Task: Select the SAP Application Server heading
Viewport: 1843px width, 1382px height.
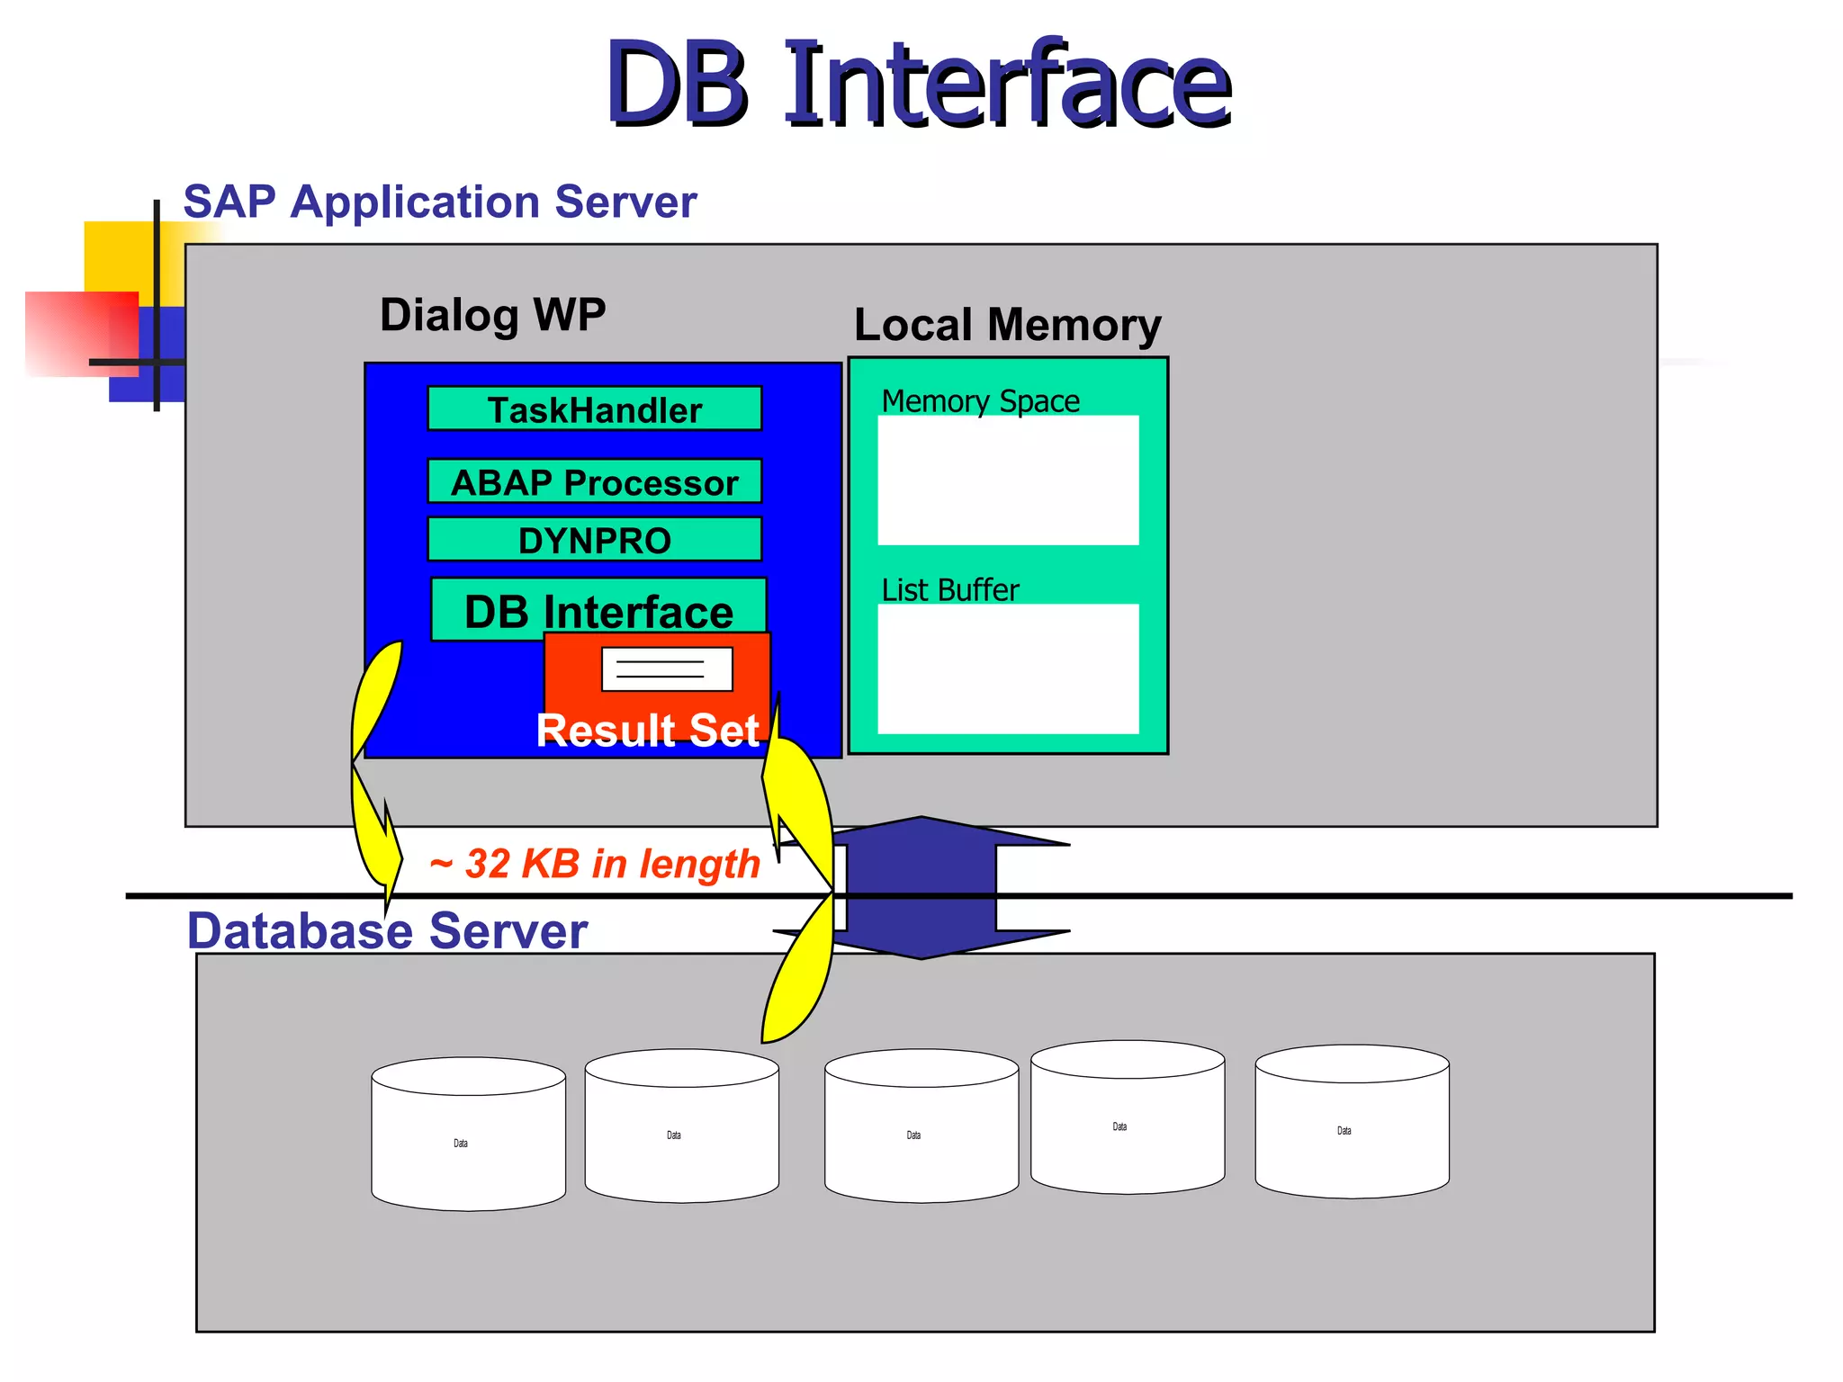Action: pyautogui.click(x=439, y=202)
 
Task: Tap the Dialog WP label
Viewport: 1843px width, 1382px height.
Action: pyautogui.click(x=492, y=315)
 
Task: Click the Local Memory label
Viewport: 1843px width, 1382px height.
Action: pyautogui.click(x=1007, y=325)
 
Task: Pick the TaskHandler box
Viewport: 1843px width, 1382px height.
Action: pyautogui.click(x=594, y=409)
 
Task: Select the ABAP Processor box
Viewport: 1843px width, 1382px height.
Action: pyautogui.click(x=594, y=482)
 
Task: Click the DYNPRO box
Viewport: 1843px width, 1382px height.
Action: pyautogui.click(x=594, y=540)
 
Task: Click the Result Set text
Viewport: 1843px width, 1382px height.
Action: pyautogui.click(x=647, y=730)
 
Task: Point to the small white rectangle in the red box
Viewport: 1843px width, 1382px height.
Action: pyautogui.click(x=666, y=669)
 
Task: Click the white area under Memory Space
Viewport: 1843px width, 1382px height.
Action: pyautogui.click(x=1008, y=480)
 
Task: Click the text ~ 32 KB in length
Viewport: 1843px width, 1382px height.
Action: pyautogui.click(x=595, y=864)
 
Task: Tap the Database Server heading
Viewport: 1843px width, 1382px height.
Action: pyautogui.click(x=387, y=930)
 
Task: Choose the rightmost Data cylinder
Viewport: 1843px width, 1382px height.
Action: pyautogui.click(x=1352, y=1123)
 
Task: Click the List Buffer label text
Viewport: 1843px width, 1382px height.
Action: pyautogui.click(x=949, y=590)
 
